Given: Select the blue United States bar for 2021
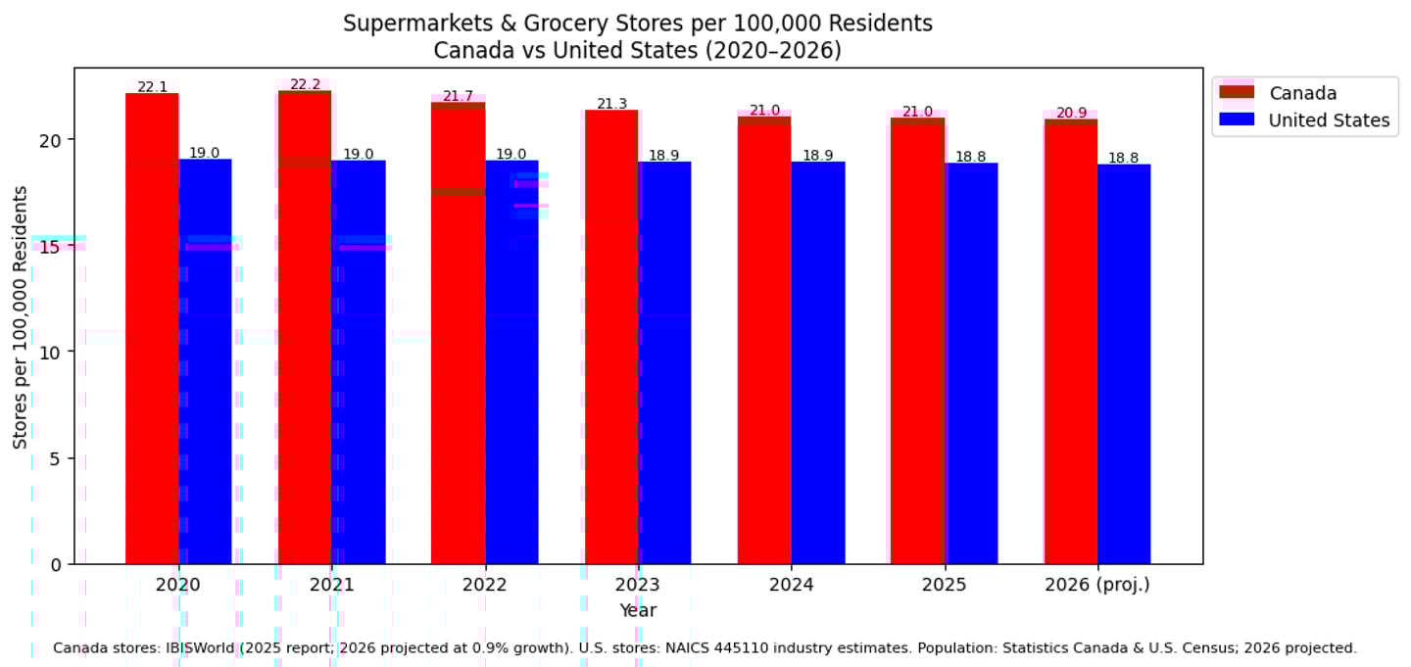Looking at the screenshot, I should [359, 362].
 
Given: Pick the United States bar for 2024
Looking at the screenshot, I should [818, 362].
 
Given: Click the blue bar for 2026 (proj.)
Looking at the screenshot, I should [1124, 363].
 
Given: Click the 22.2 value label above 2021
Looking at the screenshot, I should [305, 84].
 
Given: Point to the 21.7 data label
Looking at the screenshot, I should [458, 96].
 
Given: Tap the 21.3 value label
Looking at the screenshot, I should [611, 104].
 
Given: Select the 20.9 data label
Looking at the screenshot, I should [1071, 113].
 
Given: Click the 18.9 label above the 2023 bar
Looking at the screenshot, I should [664, 155].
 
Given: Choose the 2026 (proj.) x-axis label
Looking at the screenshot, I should [1096, 585].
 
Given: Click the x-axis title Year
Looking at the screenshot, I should [637, 610].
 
